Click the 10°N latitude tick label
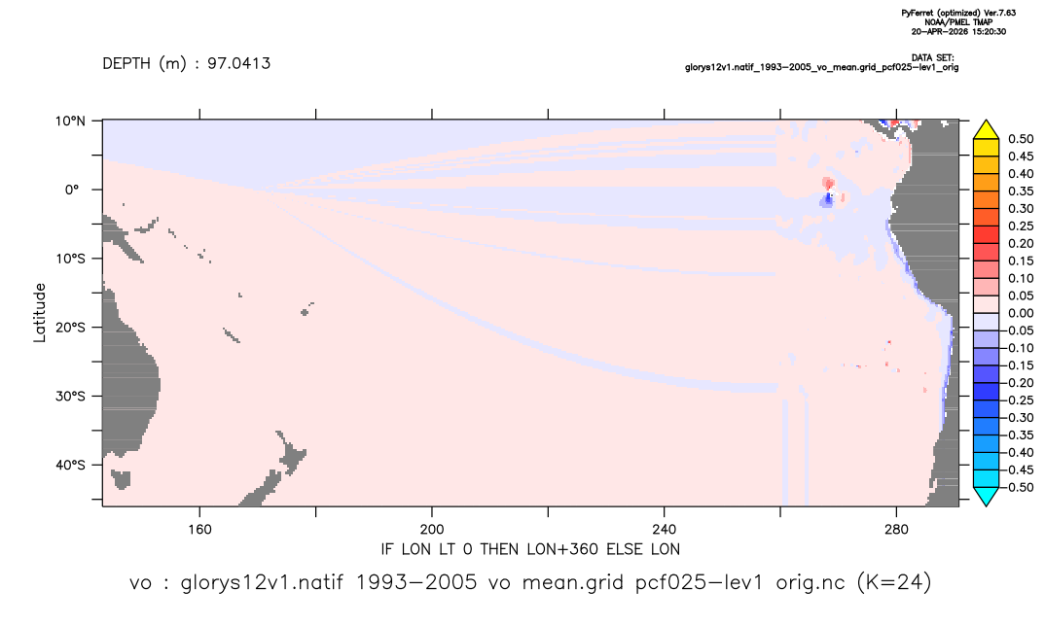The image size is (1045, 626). [x=70, y=122]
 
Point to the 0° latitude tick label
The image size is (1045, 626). [x=72, y=190]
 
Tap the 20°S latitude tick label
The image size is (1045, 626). [x=70, y=327]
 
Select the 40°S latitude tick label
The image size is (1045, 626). [x=70, y=465]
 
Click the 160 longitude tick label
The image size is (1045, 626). [x=199, y=529]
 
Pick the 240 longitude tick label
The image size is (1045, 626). [x=665, y=529]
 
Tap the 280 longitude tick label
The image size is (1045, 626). [x=896, y=529]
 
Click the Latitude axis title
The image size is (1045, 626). [x=40, y=313]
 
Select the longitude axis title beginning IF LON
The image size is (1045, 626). [x=530, y=549]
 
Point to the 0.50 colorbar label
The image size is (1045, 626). [x=1021, y=139]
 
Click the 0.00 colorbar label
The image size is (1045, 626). [x=1021, y=313]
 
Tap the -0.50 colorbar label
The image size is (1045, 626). [x=1018, y=487]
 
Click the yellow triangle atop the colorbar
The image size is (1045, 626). [x=987, y=130]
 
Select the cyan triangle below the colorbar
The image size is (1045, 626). [x=987, y=496]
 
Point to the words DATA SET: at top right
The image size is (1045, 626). [x=932, y=58]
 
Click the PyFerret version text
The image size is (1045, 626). [x=958, y=13]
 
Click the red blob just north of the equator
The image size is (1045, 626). [x=828, y=183]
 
